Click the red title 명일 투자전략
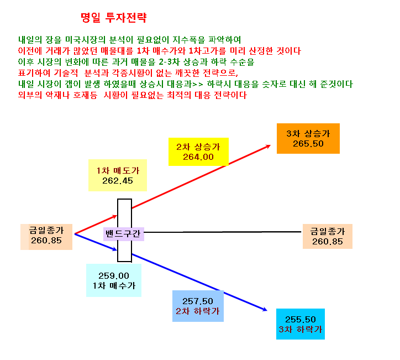pos(113,18)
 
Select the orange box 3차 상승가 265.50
pos(308,138)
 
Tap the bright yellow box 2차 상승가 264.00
pos(198,152)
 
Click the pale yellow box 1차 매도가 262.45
pos(118,175)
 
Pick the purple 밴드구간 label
pos(123,234)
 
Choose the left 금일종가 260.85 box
pos(46,237)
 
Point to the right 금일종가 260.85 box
pos(328,237)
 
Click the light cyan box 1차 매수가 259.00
pos(114,280)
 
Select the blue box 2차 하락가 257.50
pos(198,306)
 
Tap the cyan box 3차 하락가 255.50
pos(301,324)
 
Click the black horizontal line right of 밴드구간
pos(223,232)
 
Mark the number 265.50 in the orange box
pos(308,144)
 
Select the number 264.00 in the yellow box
pos(198,157)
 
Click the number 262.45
pos(118,181)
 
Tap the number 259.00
pos(114,276)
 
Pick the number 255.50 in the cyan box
pos(301,320)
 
